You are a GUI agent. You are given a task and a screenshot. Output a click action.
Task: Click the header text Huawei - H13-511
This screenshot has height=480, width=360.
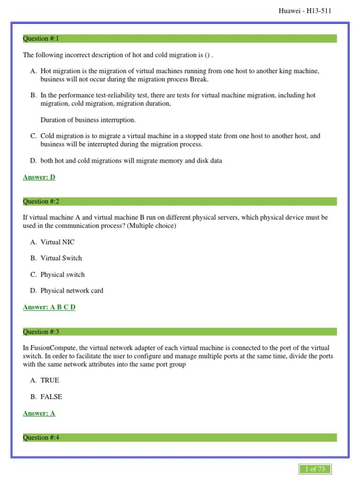pyautogui.click(x=305, y=11)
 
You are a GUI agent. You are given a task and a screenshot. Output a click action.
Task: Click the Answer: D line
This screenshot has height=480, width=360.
pyautogui.click(x=39, y=177)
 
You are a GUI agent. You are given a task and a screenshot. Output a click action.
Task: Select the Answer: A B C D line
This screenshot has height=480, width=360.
pyautogui.click(x=49, y=307)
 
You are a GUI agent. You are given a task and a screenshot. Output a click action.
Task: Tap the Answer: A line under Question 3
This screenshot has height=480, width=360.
pyautogui.click(x=39, y=413)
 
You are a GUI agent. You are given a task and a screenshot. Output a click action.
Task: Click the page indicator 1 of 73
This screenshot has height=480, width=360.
pyautogui.click(x=315, y=469)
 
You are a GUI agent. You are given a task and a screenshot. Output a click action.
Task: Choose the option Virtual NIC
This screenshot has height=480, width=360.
pyautogui.click(x=57, y=242)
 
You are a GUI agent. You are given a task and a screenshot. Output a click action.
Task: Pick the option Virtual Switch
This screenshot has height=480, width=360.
pyautogui.click(x=61, y=258)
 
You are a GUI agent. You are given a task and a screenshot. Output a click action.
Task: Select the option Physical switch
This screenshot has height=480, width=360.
pyautogui.click(x=62, y=275)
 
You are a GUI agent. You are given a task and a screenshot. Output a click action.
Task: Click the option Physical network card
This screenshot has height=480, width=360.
pyautogui.click(x=72, y=291)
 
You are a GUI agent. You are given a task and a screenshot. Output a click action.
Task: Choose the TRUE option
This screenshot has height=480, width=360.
pyautogui.click(x=50, y=380)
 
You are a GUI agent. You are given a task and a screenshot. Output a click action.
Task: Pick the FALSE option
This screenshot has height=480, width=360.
pyautogui.click(x=51, y=397)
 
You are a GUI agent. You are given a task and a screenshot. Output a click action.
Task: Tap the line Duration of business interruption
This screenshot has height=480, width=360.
pyautogui.click(x=88, y=120)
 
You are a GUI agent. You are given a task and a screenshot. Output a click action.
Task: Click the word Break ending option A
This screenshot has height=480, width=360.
pyautogui.click(x=199, y=79)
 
